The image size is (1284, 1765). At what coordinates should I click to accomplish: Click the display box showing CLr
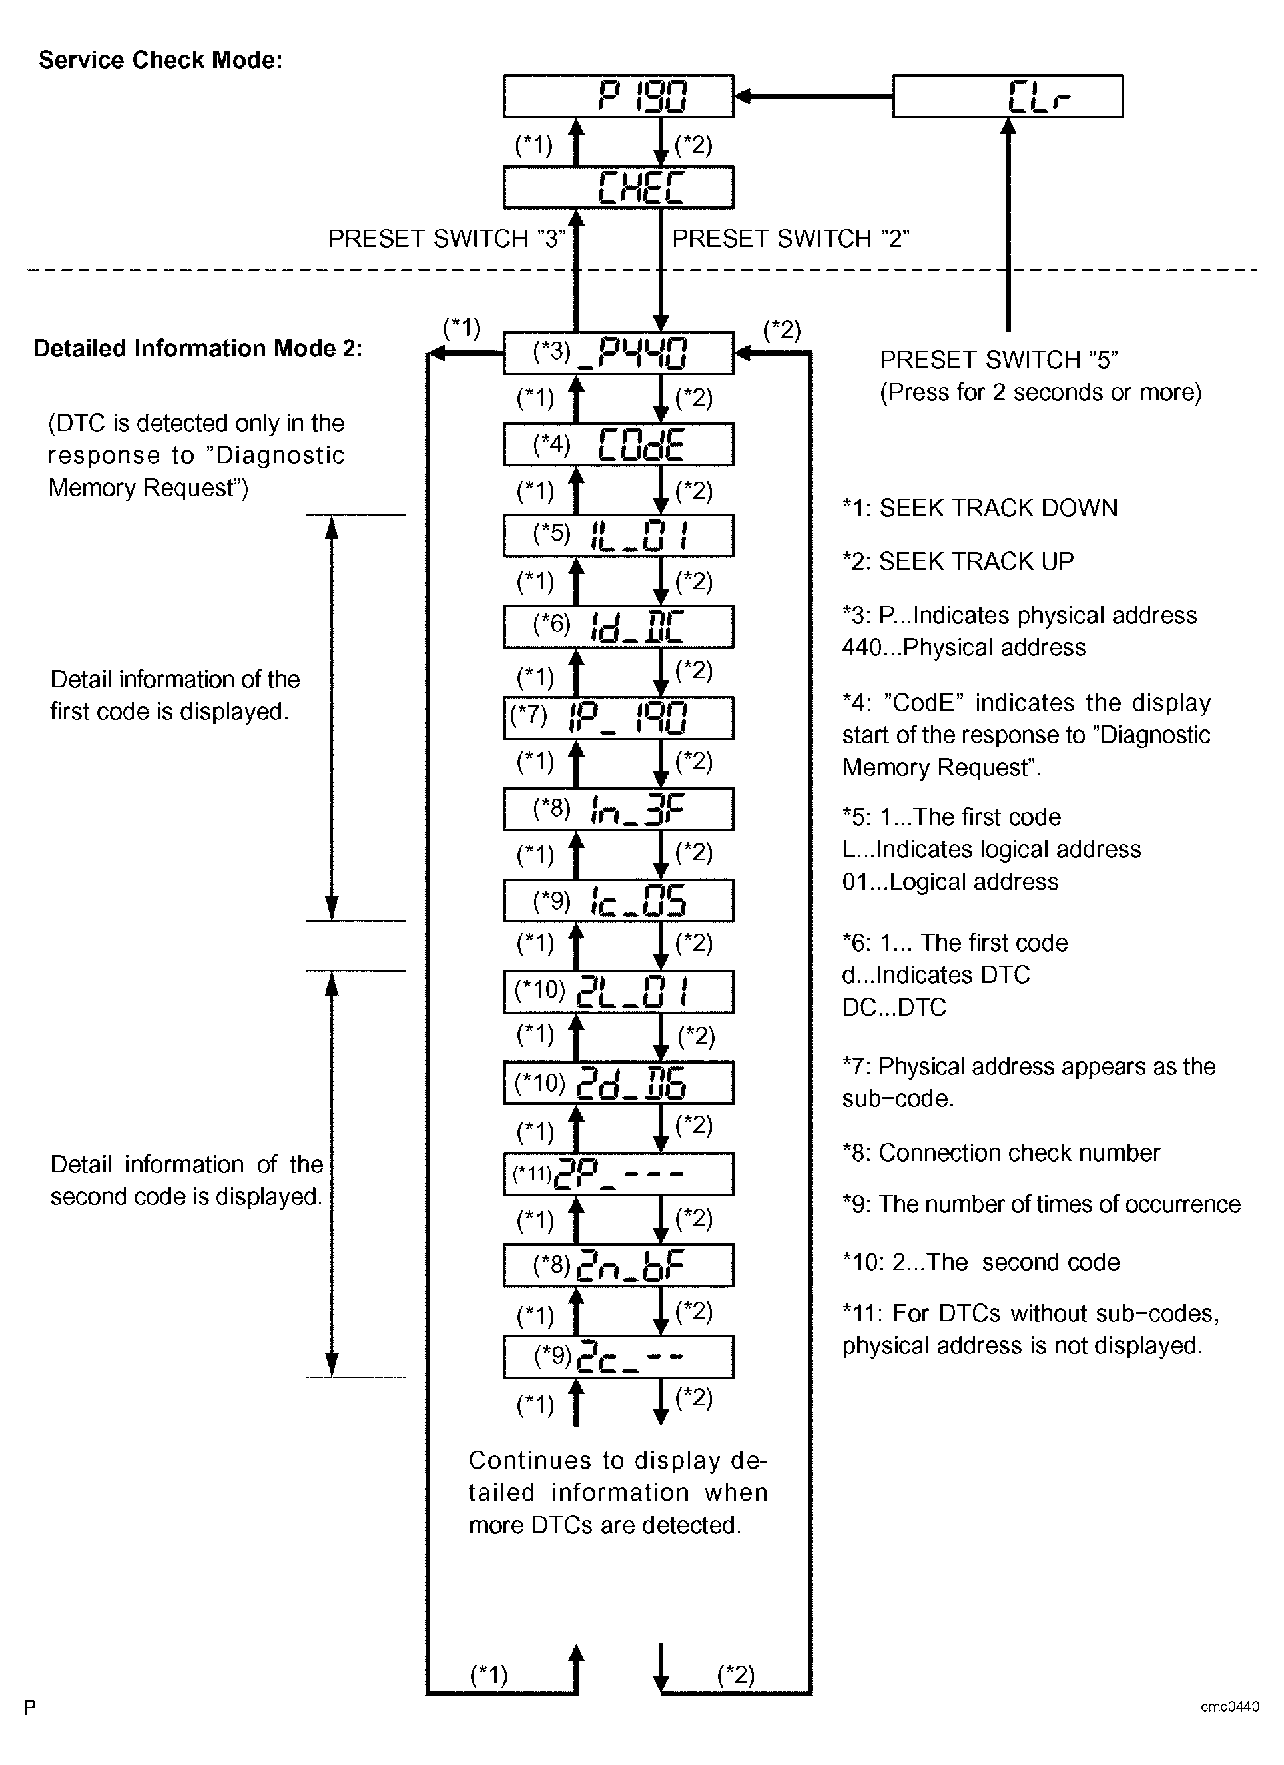[1007, 97]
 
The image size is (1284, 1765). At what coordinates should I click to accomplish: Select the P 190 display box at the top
[618, 97]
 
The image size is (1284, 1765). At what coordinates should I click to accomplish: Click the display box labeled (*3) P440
[618, 353]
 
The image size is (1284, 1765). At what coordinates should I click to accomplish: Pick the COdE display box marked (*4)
[618, 444]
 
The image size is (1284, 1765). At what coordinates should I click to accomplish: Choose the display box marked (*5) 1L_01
[618, 535]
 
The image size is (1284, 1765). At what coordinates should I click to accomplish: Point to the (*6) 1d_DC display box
[618, 627]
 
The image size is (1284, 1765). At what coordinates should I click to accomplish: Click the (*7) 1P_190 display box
[618, 717]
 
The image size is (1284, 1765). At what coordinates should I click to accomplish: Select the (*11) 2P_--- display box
[618, 1174]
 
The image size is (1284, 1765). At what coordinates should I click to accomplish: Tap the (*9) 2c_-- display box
[618, 1357]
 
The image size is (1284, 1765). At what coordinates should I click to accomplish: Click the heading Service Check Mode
[160, 60]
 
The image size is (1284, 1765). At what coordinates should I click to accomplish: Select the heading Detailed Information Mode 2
[198, 348]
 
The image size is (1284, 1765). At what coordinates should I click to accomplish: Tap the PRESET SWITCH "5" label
[998, 360]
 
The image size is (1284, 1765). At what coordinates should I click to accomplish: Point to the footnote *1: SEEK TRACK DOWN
[980, 508]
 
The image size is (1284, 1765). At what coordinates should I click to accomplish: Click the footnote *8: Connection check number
[1001, 1152]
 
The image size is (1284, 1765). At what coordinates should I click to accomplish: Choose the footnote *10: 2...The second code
[980, 1261]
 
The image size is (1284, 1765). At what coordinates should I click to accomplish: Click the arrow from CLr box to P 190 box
[813, 97]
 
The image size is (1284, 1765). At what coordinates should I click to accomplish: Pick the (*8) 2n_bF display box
[618, 1265]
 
